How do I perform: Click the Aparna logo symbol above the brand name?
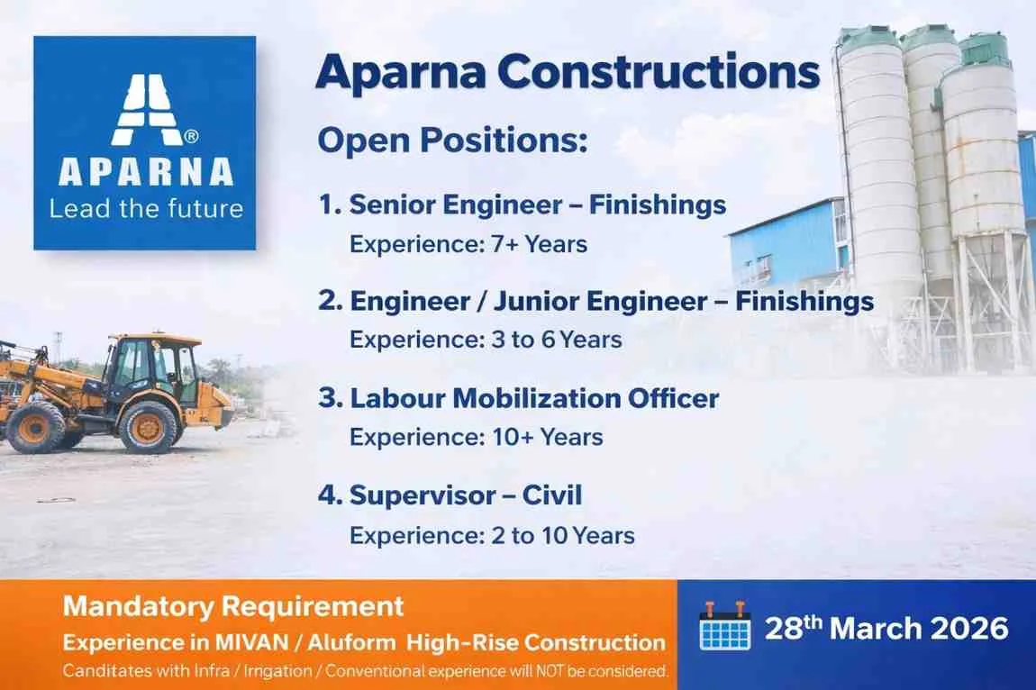pos(144,108)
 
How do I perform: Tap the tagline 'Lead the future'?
pos(146,209)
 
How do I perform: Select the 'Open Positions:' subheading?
pos(452,141)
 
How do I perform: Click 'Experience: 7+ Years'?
pos(468,244)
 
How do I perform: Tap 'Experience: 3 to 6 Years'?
pos(486,340)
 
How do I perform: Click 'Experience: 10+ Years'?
pos(477,438)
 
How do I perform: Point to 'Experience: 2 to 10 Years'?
pos(492,535)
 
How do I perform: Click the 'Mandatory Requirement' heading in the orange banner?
pos(233,606)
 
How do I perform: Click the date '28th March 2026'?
pos(886,628)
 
